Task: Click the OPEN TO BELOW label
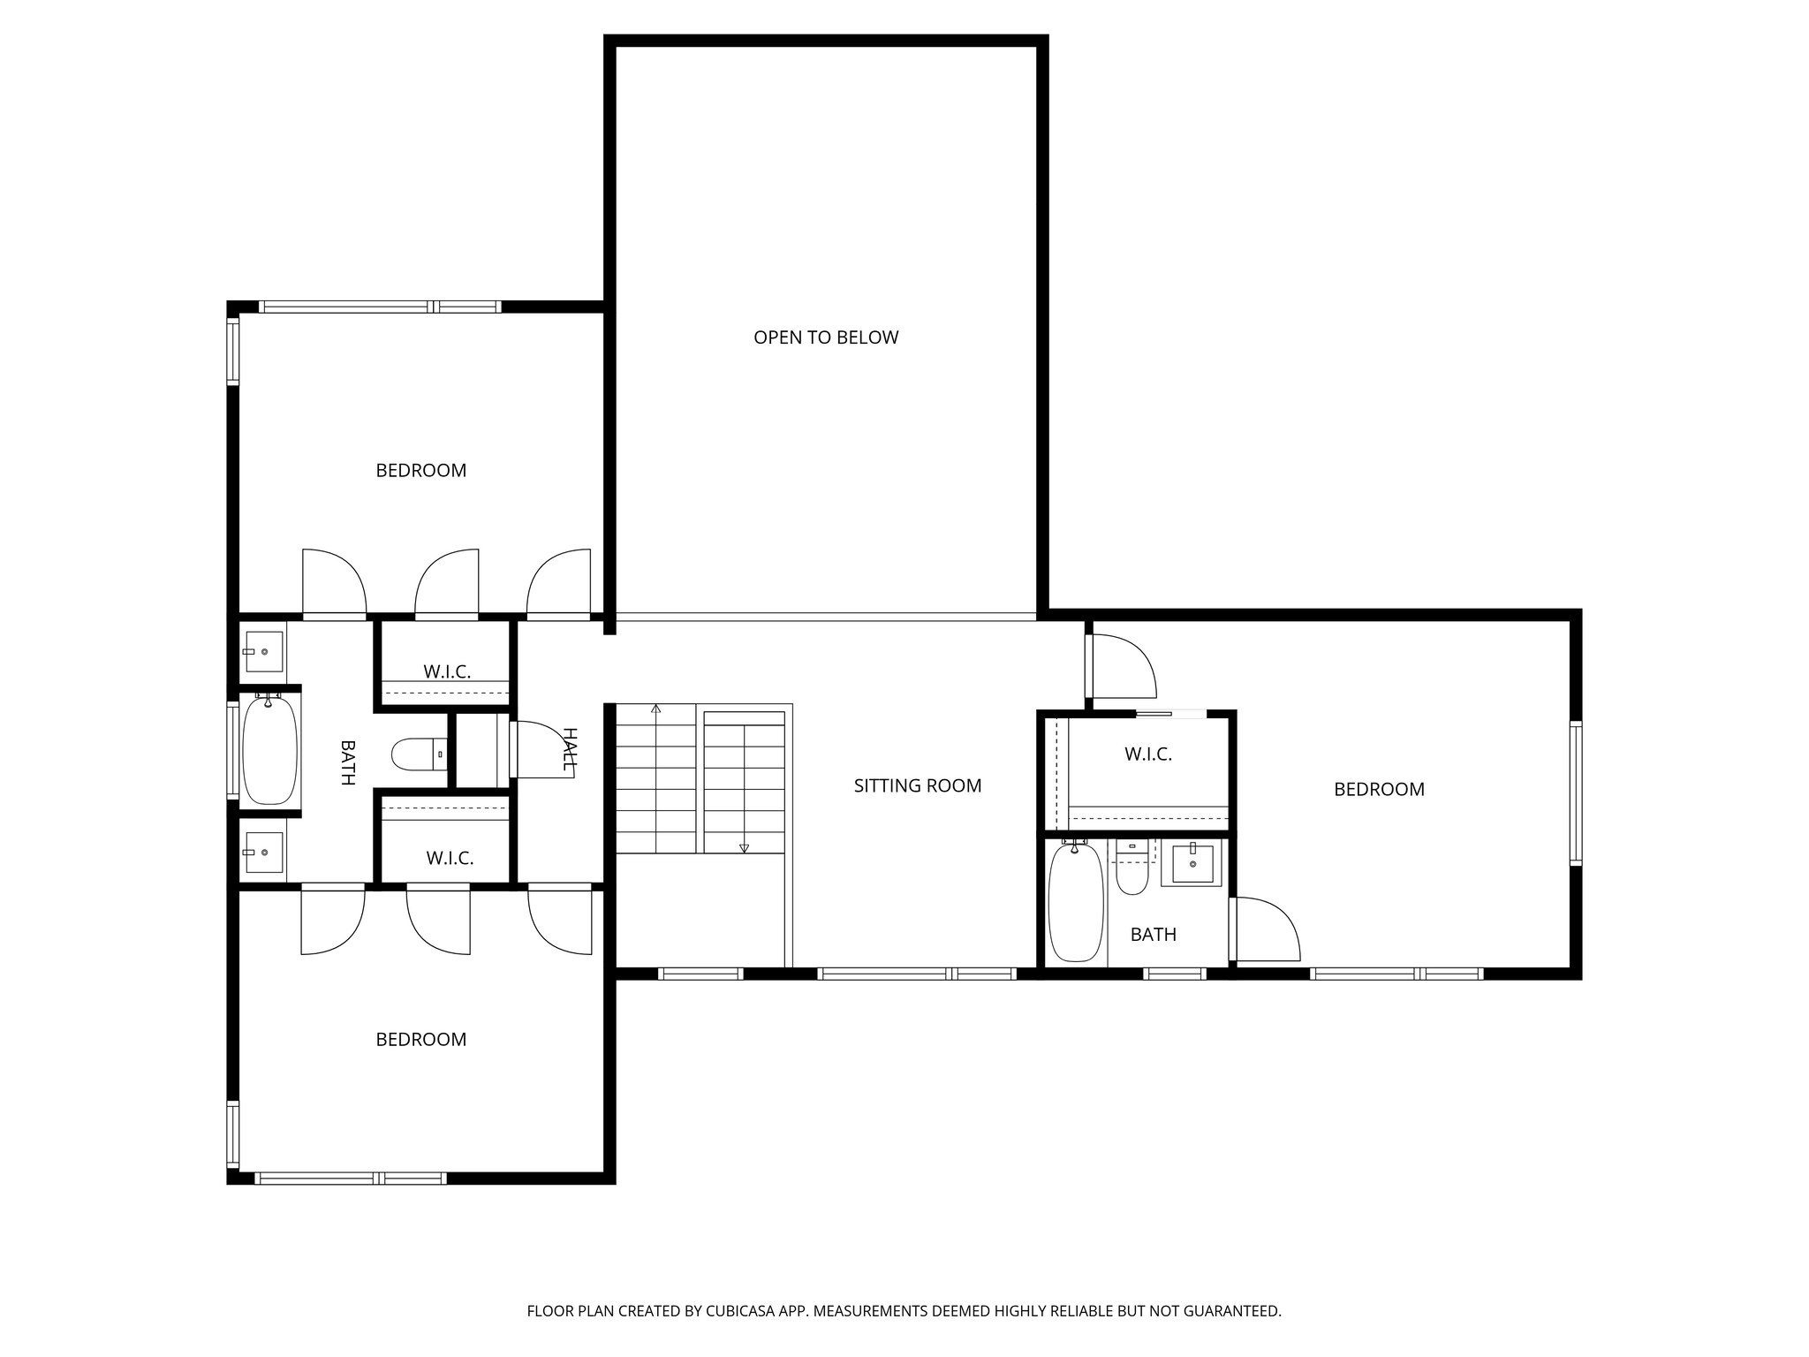[826, 337]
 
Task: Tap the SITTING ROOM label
[918, 786]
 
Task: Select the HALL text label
[570, 749]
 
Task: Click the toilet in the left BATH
[420, 754]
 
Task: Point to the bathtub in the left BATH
[269, 750]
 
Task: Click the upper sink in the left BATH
[263, 652]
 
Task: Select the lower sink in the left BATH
[263, 853]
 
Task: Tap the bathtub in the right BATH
[1076, 902]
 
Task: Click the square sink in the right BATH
[1197, 863]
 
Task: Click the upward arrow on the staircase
[655, 709]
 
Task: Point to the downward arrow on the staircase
[744, 847]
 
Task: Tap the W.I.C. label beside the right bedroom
[1147, 754]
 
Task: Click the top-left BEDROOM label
[420, 471]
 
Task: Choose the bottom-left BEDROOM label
[420, 1040]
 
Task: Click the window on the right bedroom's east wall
[1575, 792]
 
